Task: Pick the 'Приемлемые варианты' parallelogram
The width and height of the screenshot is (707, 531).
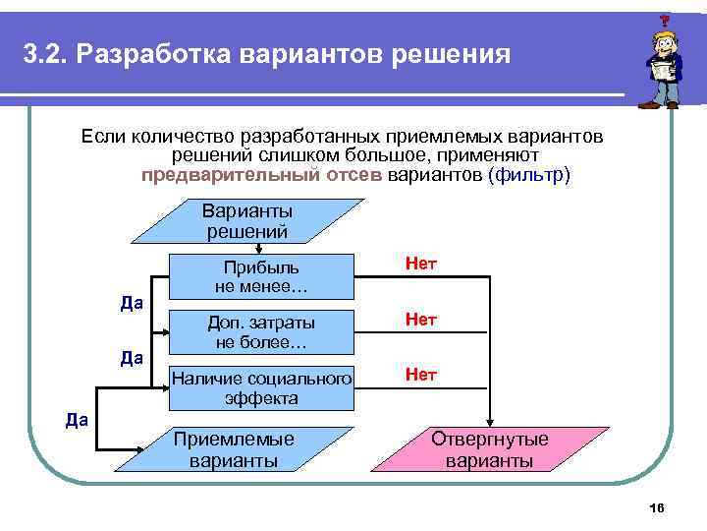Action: point(233,449)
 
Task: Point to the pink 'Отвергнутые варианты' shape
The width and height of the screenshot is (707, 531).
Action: point(490,449)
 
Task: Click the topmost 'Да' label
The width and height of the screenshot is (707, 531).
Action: point(132,303)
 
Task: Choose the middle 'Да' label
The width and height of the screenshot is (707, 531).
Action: point(132,358)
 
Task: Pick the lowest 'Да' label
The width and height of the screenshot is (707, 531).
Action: point(77,420)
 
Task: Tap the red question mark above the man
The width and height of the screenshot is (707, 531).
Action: point(665,20)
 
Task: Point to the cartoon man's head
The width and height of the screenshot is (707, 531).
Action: point(660,44)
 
